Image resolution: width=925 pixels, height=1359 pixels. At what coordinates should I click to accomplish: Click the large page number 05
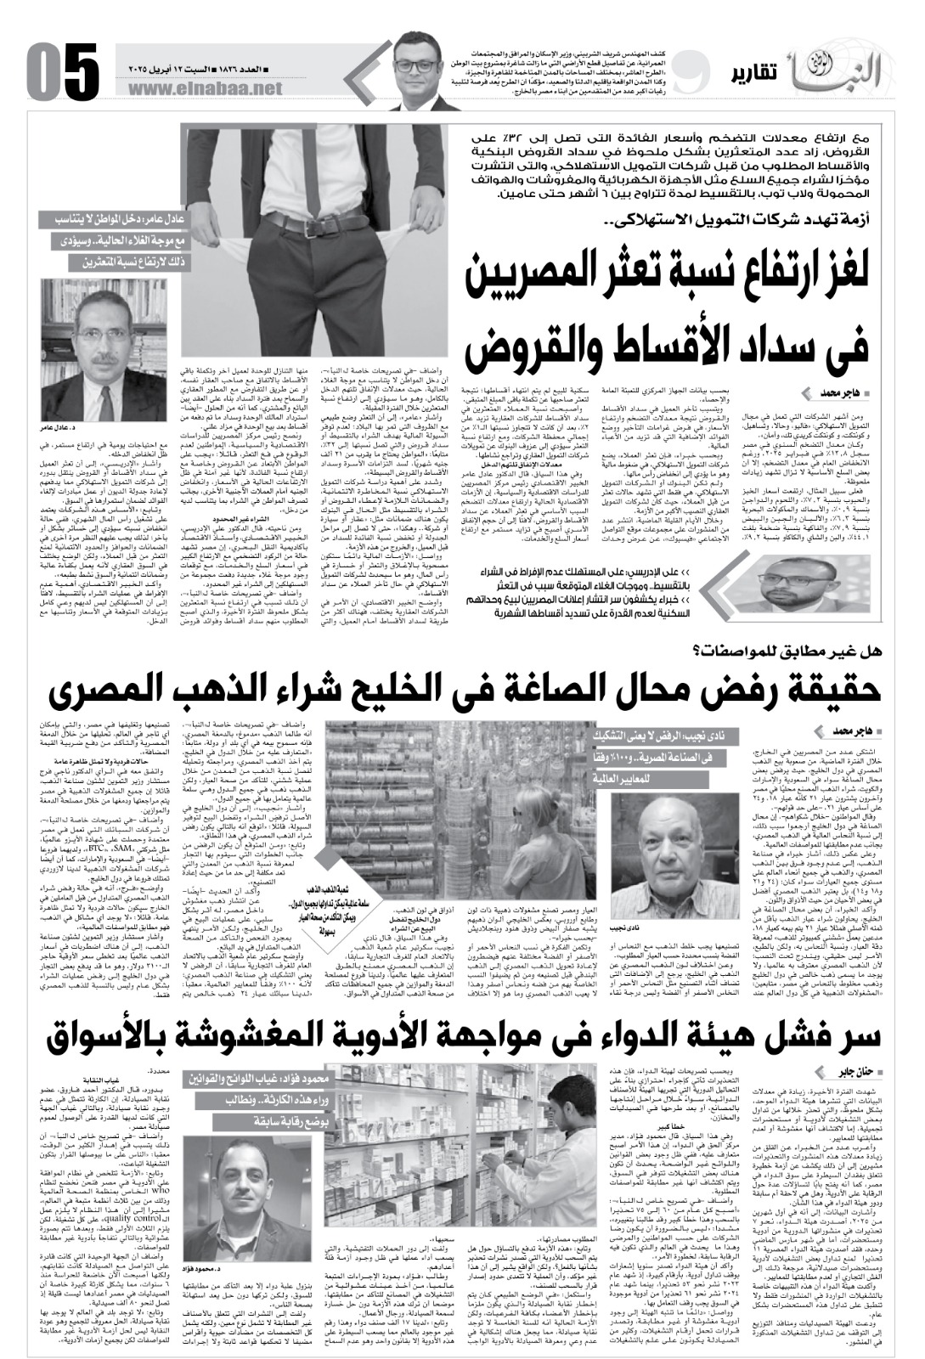[63, 70]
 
